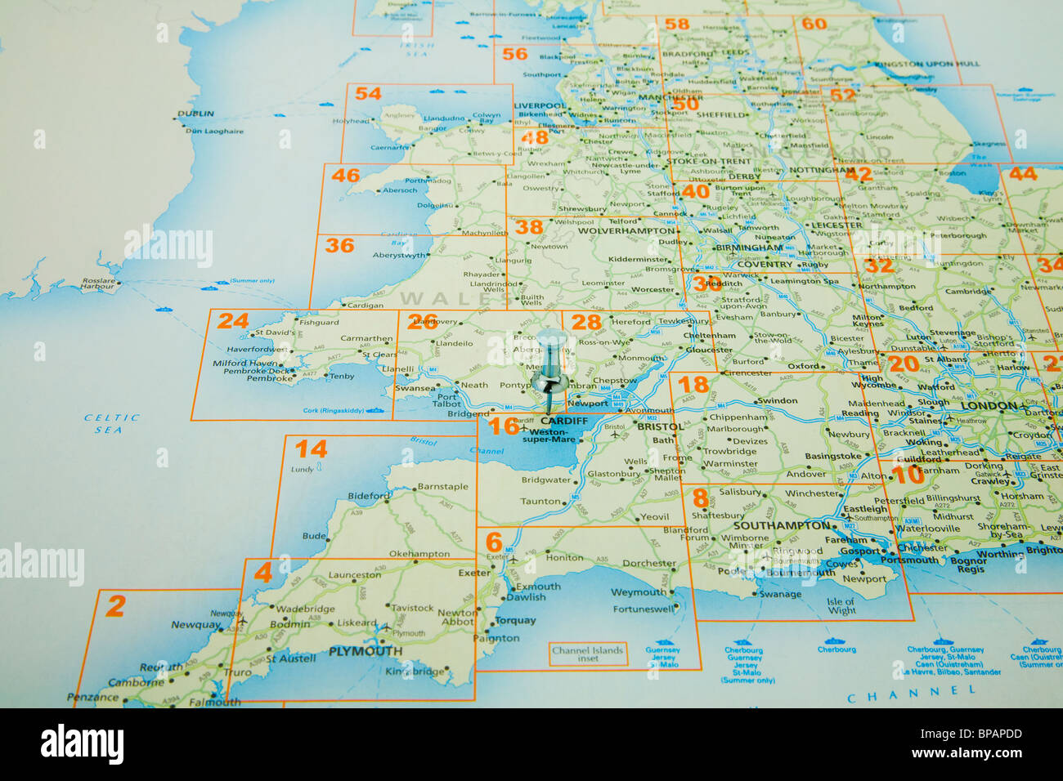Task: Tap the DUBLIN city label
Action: [195, 114]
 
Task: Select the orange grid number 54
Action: [368, 94]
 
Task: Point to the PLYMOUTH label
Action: [365, 651]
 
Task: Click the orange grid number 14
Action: [311, 449]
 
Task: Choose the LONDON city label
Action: [989, 406]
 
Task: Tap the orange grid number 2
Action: [115, 606]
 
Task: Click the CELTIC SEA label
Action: [113, 423]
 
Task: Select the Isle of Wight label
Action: [841, 606]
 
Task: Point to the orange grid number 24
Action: [233, 321]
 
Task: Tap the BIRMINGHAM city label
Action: [748, 248]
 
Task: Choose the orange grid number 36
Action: [339, 245]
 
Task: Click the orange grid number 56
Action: [514, 54]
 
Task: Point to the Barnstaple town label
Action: [443, 487]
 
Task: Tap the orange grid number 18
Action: [693, 384]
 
